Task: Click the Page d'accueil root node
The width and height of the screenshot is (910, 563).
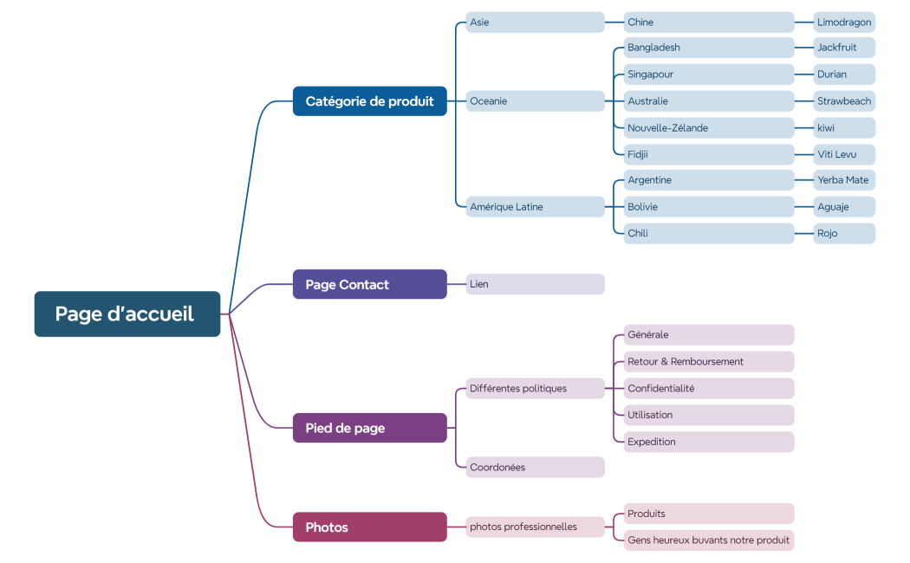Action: point(127,314)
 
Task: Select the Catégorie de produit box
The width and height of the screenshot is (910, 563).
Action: point(370,101)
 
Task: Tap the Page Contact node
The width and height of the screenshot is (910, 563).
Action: point(370,284)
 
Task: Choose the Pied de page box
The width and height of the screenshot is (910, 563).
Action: point(370,428)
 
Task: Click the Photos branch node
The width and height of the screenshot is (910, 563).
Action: point(370,527)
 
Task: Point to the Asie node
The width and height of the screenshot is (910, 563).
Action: point(535,22)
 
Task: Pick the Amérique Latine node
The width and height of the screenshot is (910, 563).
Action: point(535,206)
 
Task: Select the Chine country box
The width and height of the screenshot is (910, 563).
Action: point(709,22)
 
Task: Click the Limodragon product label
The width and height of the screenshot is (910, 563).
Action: point(844,22)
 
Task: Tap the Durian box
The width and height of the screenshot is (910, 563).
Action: point(844,74)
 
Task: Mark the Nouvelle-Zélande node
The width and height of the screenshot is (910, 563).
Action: point(709,127)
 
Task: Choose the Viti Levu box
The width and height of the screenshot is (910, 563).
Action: point(844,154)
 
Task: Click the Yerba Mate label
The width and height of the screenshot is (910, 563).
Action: point(844,180)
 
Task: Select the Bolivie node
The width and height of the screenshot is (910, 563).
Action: point(709,206)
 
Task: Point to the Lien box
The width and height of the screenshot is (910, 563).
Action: point(535,284)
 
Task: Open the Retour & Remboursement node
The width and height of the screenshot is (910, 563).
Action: point(709,361)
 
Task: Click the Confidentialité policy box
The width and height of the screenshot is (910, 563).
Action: point(709,388)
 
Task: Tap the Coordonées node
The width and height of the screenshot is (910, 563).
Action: point(535,467)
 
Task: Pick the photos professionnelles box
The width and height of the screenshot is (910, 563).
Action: point(535,527)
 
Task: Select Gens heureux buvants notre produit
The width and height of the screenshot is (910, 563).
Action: point(709,540)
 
